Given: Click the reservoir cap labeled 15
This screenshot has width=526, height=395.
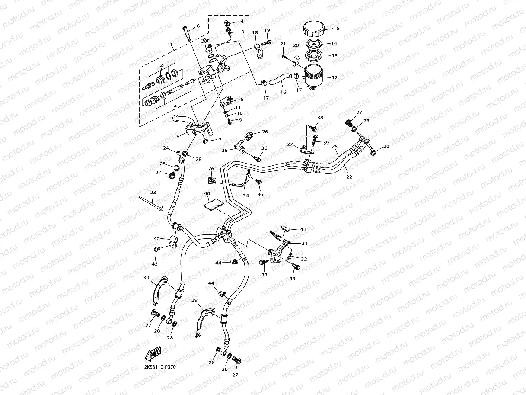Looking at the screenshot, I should point(315,29).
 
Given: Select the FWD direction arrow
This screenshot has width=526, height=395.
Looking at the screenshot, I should point(154,354).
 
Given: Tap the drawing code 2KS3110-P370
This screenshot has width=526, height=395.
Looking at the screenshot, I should point(160,367).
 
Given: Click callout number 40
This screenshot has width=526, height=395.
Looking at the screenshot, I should point(207,193).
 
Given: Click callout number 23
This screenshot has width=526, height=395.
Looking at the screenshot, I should point(153,193).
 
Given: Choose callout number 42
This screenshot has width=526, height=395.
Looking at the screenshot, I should point(157,238).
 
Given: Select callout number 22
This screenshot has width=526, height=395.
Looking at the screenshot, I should point(349,177).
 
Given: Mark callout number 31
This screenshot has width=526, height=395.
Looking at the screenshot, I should point(305,243).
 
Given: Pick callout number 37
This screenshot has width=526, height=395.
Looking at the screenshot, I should point(290,145).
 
